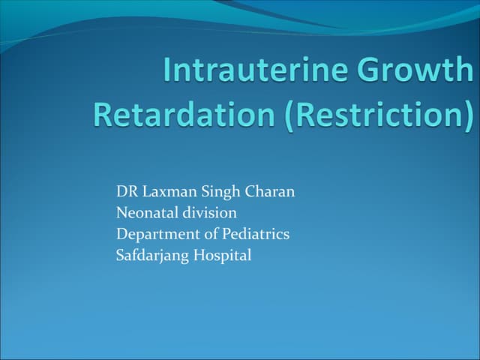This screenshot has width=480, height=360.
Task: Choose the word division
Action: (x=210, y=213)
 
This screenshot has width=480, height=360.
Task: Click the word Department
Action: (x=154, y=235)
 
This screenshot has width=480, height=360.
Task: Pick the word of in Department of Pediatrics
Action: (x=205, y=234)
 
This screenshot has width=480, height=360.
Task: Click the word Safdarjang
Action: (x=153, y=256)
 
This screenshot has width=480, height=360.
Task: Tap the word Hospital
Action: (x=223, y=255)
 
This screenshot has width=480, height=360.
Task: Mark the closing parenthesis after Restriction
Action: (x=469, y=115)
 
